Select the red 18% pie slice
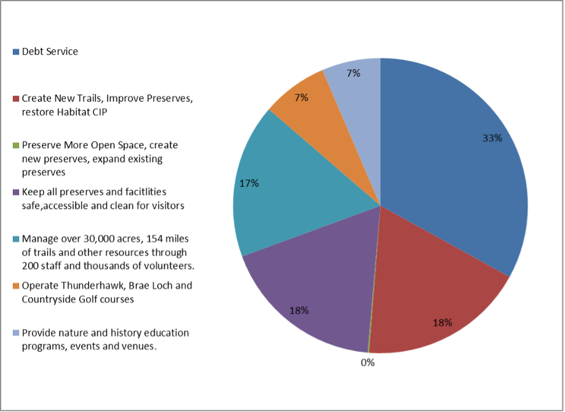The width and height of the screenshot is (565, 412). (x=434, y=294)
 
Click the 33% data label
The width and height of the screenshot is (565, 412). (x=492, y=138)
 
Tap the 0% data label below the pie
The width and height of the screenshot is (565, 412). (x=367, y=363)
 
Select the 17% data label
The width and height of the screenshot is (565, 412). (x=249, y=183)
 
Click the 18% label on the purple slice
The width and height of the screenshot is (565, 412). (x=299, y=310)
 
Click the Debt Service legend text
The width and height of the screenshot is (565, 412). (x=50, y=52)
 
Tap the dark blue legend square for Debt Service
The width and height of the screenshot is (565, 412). (x=16, y=52)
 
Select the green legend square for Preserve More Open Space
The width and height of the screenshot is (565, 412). (x=16, y=146)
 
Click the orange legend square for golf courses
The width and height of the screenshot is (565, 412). (x=16, y=286)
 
